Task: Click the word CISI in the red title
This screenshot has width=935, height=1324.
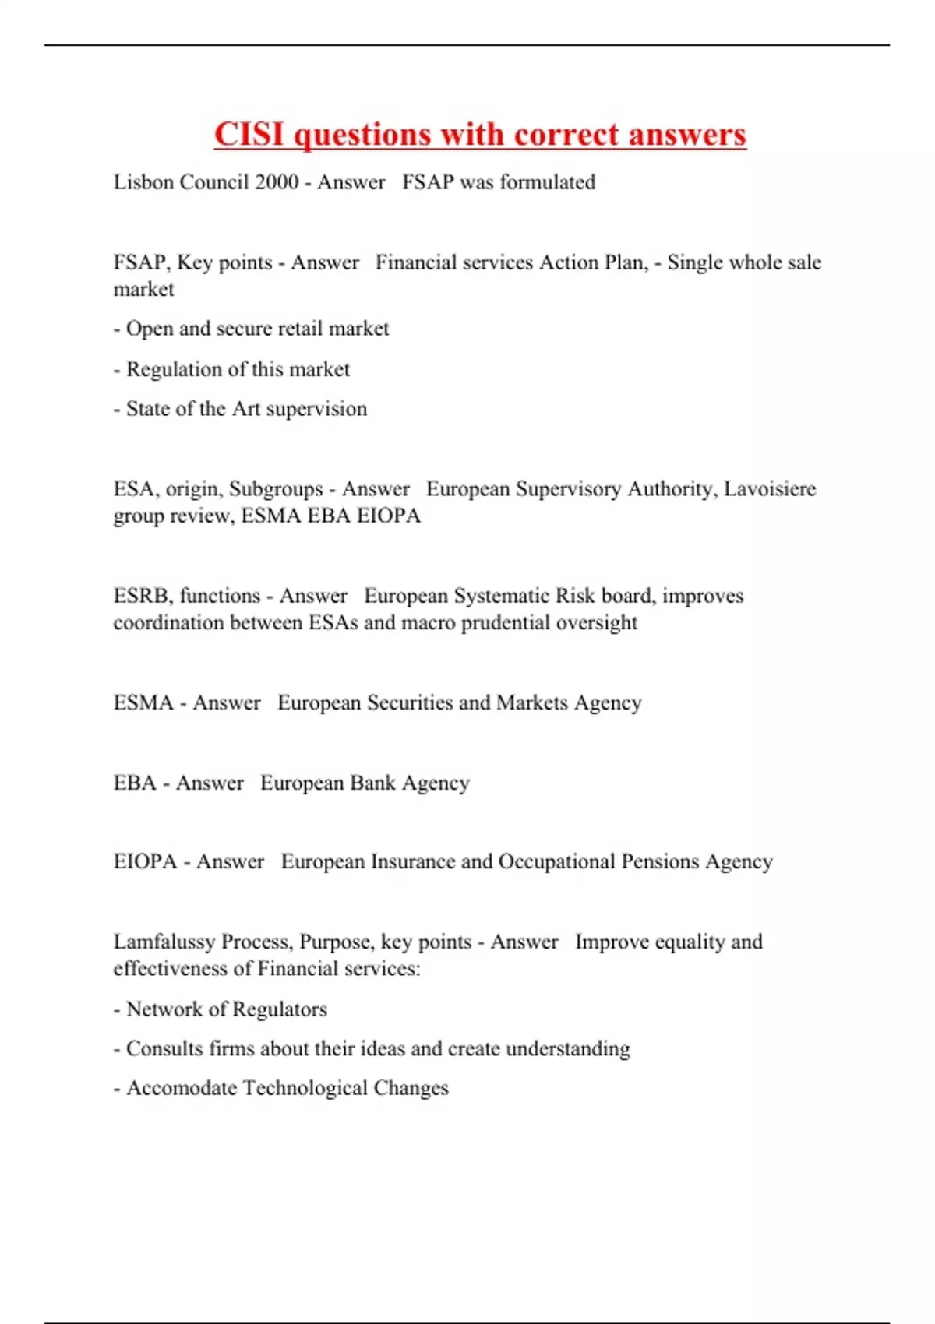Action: coord(249,135)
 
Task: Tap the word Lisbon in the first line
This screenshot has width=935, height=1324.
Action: coord(143,182)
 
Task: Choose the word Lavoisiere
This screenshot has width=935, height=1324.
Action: coord(770,489)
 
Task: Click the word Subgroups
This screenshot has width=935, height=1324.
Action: coord(276,489)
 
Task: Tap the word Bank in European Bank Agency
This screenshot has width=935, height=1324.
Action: coord(372,783)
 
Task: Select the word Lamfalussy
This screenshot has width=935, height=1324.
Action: coord(164,942)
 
